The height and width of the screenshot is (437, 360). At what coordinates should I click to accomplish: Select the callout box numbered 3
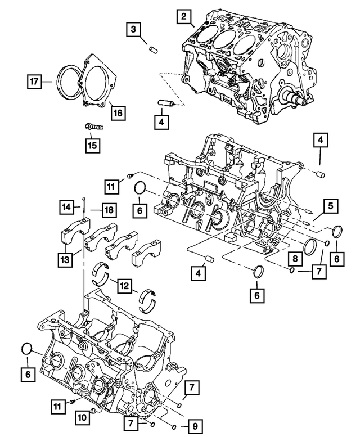tap(133, 29)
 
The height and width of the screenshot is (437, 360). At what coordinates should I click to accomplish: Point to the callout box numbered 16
tap(118, 112)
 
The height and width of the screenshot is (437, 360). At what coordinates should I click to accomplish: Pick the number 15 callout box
tap(91, 145)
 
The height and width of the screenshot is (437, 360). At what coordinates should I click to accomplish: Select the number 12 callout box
tap(124, 286)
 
